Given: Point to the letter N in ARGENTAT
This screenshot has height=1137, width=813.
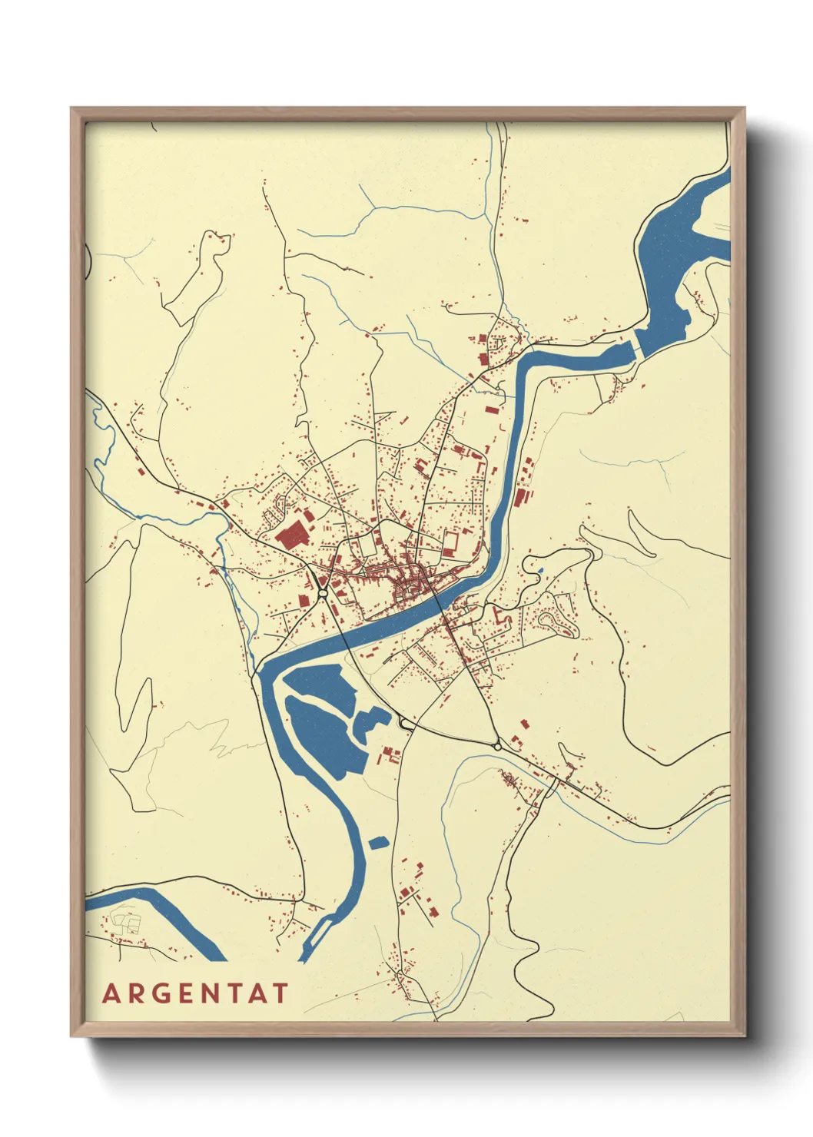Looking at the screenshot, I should [224, 993].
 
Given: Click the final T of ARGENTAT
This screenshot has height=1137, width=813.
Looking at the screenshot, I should [280, 993].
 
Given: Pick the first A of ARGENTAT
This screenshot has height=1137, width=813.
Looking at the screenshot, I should [112, 993].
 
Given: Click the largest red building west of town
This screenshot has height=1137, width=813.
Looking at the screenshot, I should [291, 535].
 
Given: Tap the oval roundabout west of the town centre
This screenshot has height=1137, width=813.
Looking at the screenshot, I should [323, 592].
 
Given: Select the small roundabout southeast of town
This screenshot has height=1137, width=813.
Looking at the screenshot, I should [498, 746].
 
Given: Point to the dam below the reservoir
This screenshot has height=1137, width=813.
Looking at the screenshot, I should [636, 350].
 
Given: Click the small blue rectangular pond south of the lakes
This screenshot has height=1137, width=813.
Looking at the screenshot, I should [378, 843].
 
